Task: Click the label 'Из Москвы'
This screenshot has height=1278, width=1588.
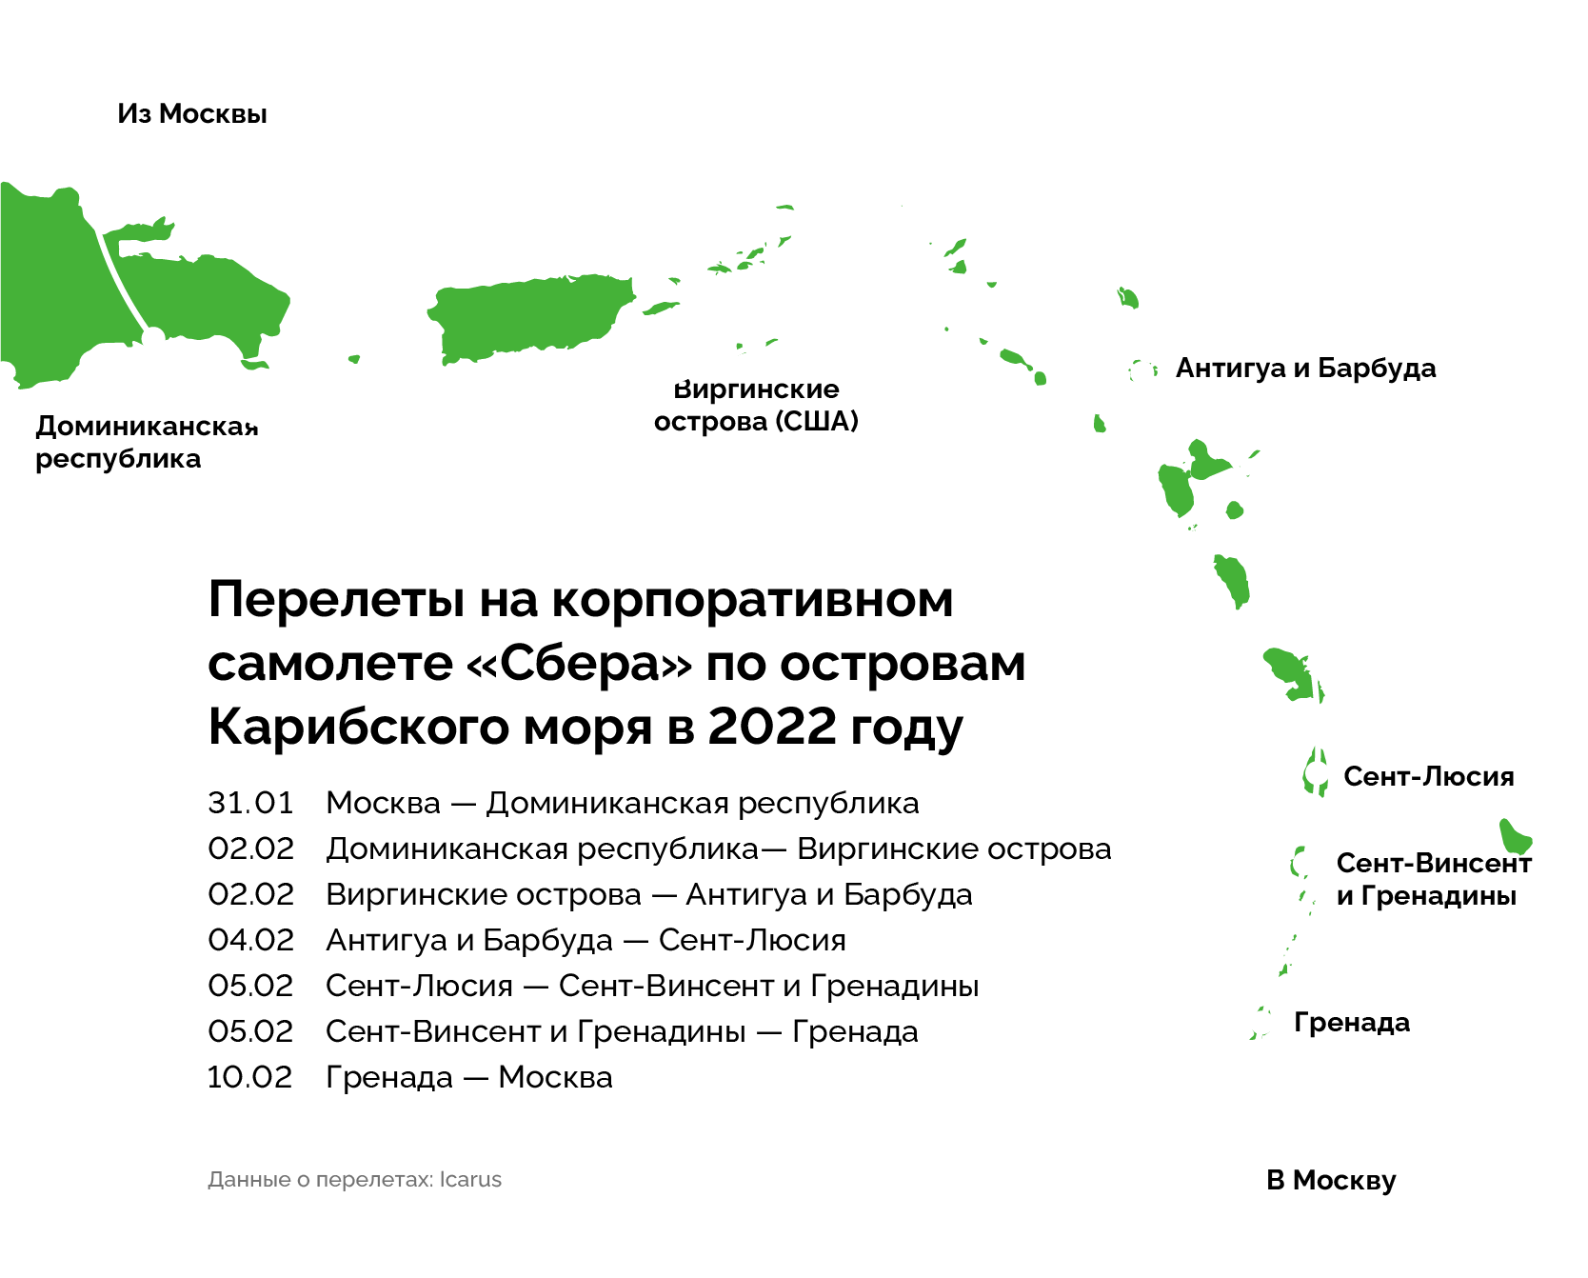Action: [192, 114]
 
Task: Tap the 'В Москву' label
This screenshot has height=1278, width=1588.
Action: [1331, 1181]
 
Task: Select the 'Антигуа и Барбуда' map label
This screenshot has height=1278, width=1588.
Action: [1305, 369]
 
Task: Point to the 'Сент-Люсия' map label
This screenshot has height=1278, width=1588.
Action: [1428, 776]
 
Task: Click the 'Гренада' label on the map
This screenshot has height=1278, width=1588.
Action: [1352, 1023]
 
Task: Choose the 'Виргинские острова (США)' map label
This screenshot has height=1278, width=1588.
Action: [756, 406]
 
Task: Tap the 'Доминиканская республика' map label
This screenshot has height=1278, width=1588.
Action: [147, 443]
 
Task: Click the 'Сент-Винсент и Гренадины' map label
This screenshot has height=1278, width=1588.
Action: [1434, 879]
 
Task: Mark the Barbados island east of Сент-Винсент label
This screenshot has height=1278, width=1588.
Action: [1515, 836]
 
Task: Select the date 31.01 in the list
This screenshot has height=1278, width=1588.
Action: [250, 803]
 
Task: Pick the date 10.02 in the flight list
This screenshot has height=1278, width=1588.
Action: [250, 1077]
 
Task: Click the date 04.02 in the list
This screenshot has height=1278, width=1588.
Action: [251, 940]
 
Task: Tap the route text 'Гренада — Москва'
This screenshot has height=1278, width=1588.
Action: [469, 1078]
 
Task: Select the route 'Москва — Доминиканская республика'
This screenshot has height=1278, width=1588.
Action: [623, 804]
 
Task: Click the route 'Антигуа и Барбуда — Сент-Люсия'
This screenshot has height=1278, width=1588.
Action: [586, 941]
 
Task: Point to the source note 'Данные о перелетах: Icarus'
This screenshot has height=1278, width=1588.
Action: [354, 1179]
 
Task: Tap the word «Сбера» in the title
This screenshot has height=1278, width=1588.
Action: [580, 663]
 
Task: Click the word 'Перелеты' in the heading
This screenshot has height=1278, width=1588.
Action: [337, 600]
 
